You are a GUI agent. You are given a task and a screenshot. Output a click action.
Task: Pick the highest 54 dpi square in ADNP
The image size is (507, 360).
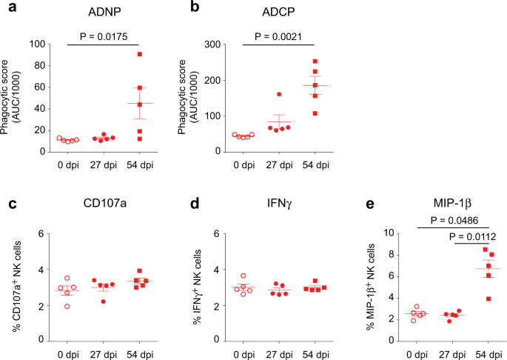140,55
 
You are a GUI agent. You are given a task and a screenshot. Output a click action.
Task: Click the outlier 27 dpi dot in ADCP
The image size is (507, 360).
280,95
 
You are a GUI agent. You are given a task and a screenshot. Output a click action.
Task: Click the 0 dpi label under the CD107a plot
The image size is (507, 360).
67,352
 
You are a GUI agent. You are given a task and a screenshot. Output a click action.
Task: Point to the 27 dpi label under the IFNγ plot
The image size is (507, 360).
275,352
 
